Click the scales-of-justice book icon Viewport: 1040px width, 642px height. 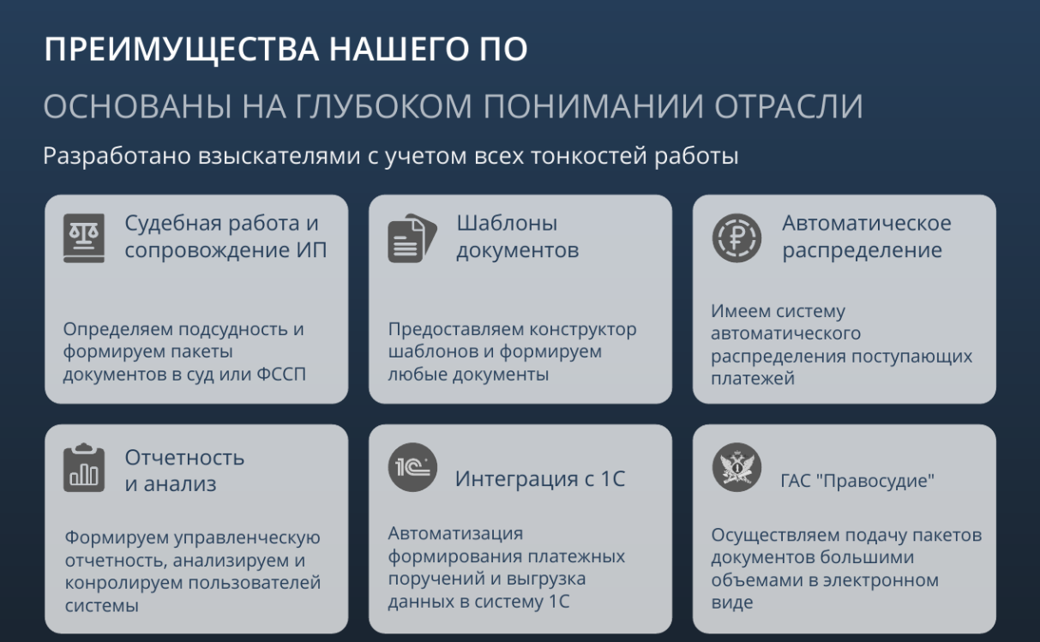click(x=84, y=238)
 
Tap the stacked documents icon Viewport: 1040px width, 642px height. click(x=412, y=238)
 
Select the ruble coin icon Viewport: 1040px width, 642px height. click(x=736, y=238)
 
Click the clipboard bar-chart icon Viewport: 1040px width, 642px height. click(x=84, y=467)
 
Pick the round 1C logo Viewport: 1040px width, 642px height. click(x=412, y=467)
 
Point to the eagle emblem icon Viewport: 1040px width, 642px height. click(x=736, y=467)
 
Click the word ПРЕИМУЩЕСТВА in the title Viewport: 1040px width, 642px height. click(x=182, y=50)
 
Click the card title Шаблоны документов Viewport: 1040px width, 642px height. click(x=518, y=237)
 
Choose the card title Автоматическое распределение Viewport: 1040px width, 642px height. click(x=867, y=237)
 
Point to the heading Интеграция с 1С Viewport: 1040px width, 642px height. click(x=540, y=478)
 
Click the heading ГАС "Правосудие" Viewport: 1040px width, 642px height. click(x=857, y=481)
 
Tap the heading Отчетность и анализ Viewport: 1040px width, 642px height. click(x=184, y=471)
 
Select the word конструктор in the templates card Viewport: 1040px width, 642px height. click(x=583, y=330)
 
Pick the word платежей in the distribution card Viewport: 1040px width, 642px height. click(x=753, y=379)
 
